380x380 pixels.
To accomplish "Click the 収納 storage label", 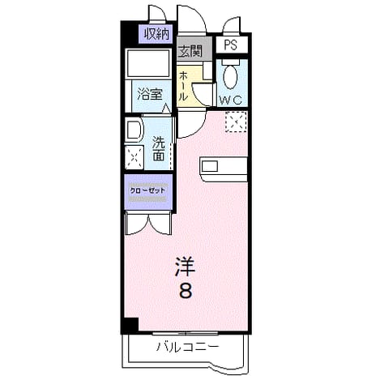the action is pyautogui.click(x=156, y=34).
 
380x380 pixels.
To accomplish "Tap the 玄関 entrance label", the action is pyautogui.click(x=190, y=50).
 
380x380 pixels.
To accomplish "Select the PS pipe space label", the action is pyautogui.click(x=230, y=45).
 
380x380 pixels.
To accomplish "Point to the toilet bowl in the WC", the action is pyautogui.click(x=231, y=75).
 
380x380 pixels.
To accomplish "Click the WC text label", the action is pyautogui.click(x=230, y=100).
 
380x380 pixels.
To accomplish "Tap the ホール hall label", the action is pyautogui.click(x=183, y=86).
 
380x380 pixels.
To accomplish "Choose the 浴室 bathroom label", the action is pyautogui.click(x=150, y=94).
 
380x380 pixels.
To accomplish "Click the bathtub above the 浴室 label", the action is pyautogui.click(x=148, y=64).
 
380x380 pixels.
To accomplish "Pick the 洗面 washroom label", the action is pyautogui.click(x=159, y=149).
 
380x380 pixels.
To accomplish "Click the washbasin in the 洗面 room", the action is pyautogui.click(x=134, y=130).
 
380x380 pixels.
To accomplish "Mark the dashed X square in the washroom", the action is pyautogui.click(x=134, y=157).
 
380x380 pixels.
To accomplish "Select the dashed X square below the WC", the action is pyautogui.click(x=236, y=122).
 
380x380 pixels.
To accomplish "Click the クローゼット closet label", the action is pyautogui.click(x=147, y=190).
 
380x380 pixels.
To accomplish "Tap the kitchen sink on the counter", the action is pyautogui.click(x=210, y=166).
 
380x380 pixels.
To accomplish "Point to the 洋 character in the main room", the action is pyautogui.click(x=186, y=267).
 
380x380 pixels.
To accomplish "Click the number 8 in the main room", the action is pyautogui.click(x=186, y=291).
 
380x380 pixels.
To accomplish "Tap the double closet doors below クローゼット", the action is pyautogui.click(x=148, y=224).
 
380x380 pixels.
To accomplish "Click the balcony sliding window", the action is pyautogui.click(x=186, y=334).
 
